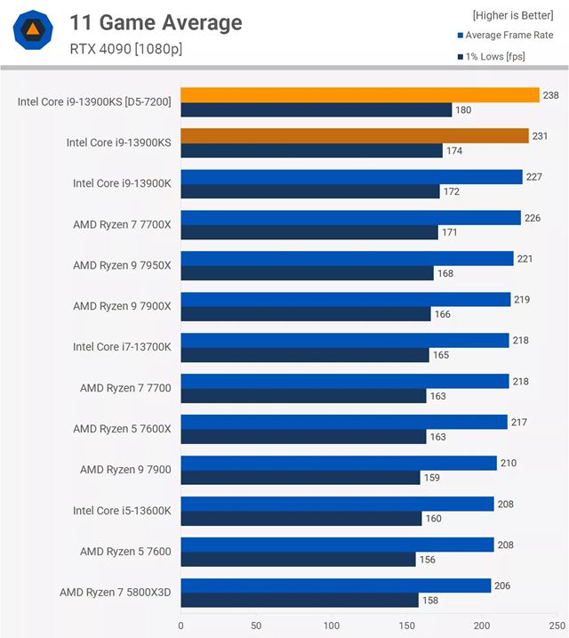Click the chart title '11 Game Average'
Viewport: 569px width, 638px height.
pyautogui.click(x=156, y=22)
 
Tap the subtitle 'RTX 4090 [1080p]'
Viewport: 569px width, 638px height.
pyautogui.click(x=126, y=48)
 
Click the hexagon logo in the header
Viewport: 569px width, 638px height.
pyautogui.click(x=32, y=31)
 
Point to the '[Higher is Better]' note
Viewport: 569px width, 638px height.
pyautogui.click(x=512, y=15)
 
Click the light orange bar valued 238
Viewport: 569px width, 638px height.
pyautogui.click(x=360, y=95)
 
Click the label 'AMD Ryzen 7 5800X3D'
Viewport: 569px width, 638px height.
pyautogui.click(x=115, y=593)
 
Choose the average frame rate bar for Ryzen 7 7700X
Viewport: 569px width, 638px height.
pyautogui.click(x=350, y=218)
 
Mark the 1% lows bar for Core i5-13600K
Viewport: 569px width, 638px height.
pyautogui.click(x=301, y=519)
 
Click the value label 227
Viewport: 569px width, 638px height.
pyautogui.click(x=533, y=176)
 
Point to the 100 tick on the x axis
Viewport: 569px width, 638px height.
pyautogui.click(x=332, y=626)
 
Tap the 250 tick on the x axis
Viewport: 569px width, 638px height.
pyautogui.click(x=557, y=626)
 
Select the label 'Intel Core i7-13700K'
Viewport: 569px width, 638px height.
pyautogui.click(x=122, y=347)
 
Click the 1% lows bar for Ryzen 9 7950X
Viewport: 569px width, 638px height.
pyautogui.click(x=307, y=273)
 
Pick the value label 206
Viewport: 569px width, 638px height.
pyautogui.click(x=502, y=585)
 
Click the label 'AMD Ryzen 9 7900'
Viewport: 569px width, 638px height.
pyautogui.click(x=125, y=470)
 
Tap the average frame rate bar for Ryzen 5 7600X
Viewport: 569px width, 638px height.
pyautogui.click(x=343, y=422)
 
